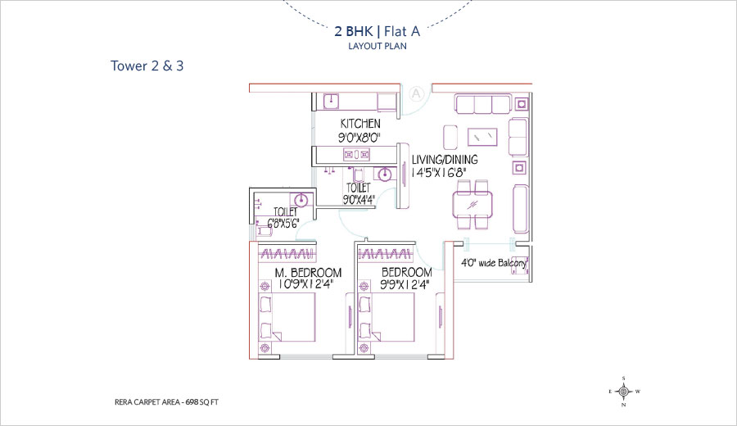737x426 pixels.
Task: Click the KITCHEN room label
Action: click(x=360, y=124)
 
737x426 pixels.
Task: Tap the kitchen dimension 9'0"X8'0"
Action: click(x=359, y=138)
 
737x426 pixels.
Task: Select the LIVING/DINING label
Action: click(x=445, y=160)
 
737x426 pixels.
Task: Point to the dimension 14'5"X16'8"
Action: click(x=438, y=173)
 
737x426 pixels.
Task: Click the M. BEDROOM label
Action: click(x=308, y=272)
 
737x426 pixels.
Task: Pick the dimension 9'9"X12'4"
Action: click(x=405, y=284)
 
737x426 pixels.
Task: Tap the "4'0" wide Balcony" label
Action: click(x=493, y=263)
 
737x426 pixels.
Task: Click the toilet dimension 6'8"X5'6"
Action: click(x=283, y=224)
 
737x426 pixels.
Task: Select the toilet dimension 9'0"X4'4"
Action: click(x=359, y=200)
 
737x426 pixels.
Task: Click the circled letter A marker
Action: click(x=416, y=94)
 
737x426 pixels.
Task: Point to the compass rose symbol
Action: click(x=624, y=392)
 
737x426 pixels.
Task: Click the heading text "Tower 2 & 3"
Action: click(x=147, y=66)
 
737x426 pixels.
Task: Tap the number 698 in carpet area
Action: click(x=192, y=402)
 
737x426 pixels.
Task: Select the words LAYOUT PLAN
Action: click(x=378, y=46)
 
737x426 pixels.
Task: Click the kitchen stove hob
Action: click(x=356, y=154)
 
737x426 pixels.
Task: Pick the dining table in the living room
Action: click(x=472, y=205)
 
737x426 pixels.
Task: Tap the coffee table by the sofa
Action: click(x=482, y=137)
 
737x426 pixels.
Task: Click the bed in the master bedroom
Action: click(x=287, y=317)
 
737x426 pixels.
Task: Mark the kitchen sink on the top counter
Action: click(x=332, y=101)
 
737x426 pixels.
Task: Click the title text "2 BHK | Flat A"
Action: click(x=377, y=31)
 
